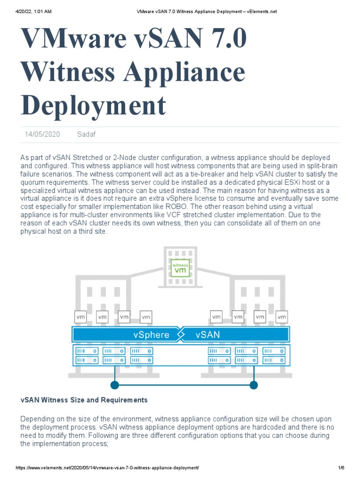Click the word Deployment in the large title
click(93, 105)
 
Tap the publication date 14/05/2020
click(43, 135)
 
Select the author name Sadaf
click(86, 135)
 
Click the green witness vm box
click(180, 268)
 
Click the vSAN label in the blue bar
click(208, 335)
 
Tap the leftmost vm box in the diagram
click(80, 317)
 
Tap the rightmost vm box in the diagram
click(282, 317)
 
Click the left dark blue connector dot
click(114, 385)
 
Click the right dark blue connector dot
click(254, 385)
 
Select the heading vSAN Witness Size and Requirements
click(84, 400)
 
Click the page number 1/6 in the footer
click(341, 468)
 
